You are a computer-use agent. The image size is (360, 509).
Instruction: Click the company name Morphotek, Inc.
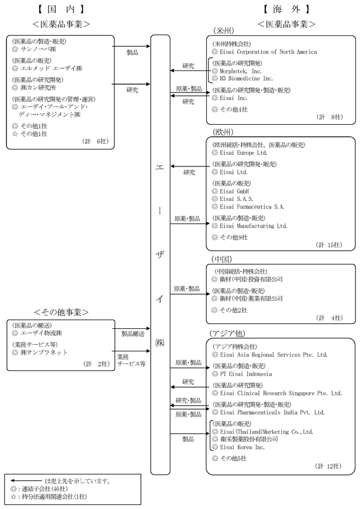coord(241,70)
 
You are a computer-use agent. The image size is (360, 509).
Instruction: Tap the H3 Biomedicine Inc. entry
coord(246,78)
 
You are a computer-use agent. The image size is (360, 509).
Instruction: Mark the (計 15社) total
coord(329,245)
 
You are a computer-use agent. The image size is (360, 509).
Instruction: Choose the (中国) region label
coord(222,259)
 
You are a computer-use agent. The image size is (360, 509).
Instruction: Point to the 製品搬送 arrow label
coord(133,333)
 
